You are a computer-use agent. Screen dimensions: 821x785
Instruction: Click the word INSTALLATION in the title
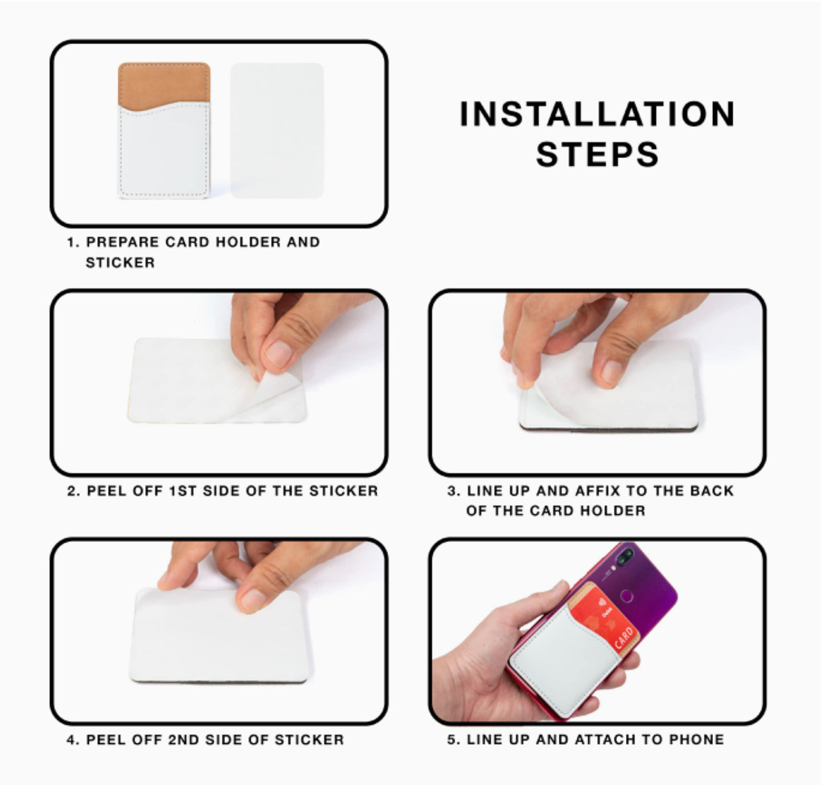tap(597, 114)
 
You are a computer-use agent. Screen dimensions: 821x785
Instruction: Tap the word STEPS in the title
tap(597, 154)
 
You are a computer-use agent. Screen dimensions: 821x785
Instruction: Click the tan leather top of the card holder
tap(164, 84)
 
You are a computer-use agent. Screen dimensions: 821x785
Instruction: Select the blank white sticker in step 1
tap(277, 131)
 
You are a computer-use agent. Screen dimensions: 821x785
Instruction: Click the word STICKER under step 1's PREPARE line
tap(120, 262)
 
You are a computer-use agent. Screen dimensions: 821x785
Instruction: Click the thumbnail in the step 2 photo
tap(279, 353)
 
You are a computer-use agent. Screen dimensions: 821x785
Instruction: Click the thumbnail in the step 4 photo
tap(253, 599)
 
